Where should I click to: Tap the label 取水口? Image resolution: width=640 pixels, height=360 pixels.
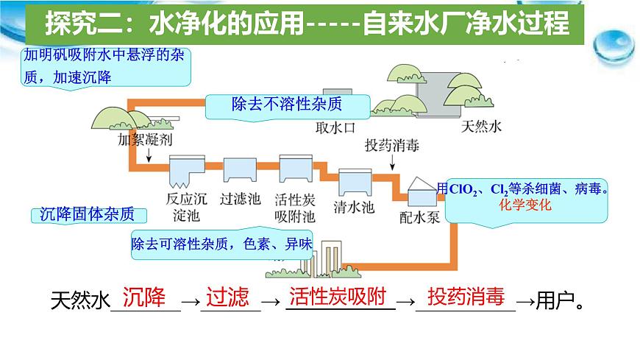pyautogui.click(x=335, y=127)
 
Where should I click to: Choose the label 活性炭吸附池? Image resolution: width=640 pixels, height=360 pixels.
pyautogui.click(x=294, y=208)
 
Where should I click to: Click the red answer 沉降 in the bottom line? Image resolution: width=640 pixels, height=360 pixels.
pyautogui.click(x=145, y=297)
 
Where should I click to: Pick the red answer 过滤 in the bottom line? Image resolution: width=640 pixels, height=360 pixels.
pyautogui.click(x=228, y=297)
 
